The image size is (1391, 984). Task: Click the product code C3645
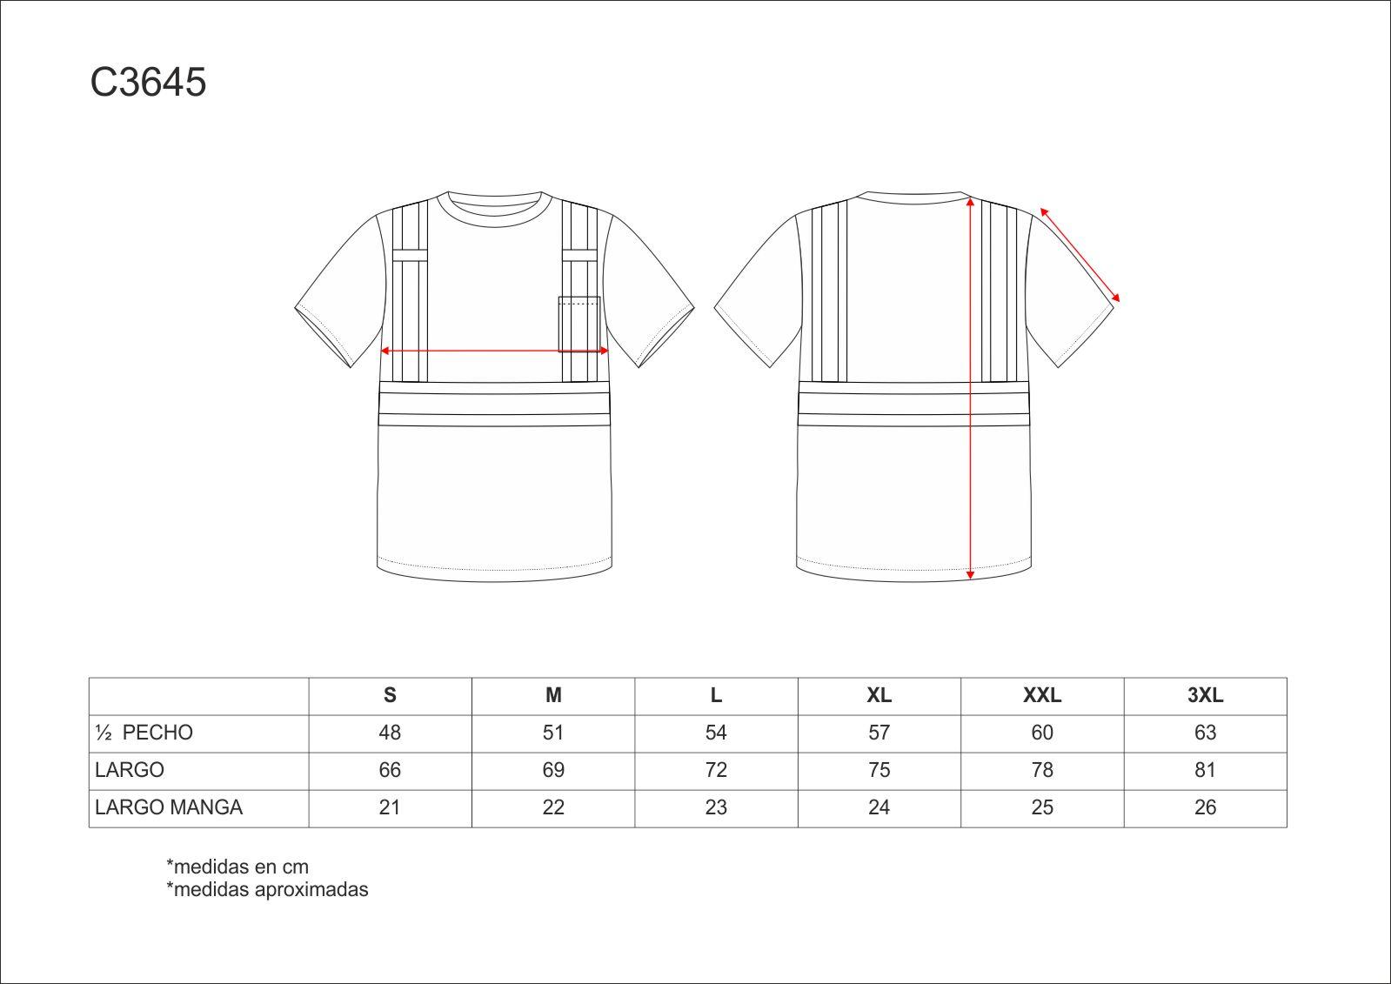point(148,82)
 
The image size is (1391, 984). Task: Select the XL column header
point(879,695)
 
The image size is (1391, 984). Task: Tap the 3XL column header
point(1205,695)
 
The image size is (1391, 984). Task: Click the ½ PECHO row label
point(144,733)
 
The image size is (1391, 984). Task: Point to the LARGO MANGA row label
point(168,807)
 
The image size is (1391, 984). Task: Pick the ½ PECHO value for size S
point(390,733)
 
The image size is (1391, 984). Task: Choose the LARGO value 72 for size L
point(715,770)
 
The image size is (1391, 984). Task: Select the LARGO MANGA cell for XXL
point(1041,807)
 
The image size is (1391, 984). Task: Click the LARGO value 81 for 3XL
point(1205,770)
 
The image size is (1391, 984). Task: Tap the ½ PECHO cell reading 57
point(879,733)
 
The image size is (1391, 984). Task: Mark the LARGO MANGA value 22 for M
point(552,807)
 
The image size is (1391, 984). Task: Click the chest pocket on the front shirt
point(579,325)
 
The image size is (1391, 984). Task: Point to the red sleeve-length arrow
point(1080,255)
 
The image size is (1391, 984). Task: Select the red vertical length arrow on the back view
point(970,389)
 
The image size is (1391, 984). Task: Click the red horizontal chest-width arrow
point(494,351)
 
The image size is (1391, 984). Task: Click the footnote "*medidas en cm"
point(237,867)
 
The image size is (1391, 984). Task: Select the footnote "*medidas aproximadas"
point(267,889)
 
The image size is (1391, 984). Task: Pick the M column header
point(552,695)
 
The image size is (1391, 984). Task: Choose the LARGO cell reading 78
point(1041,770)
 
